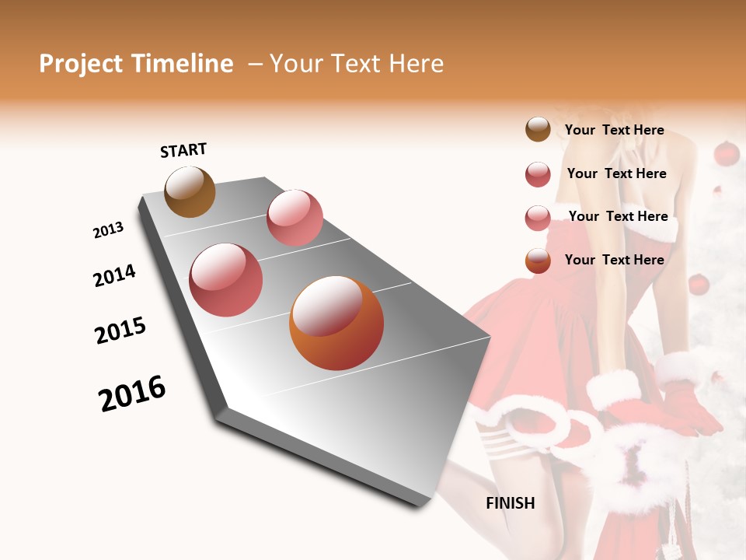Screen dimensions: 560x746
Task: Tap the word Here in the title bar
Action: [415, 64]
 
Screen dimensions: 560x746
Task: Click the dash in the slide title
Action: [254, 64]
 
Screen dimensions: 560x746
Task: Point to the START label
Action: [183, 150]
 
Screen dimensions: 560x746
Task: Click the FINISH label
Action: [511, 503]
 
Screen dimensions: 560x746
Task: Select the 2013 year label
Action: [108, 230]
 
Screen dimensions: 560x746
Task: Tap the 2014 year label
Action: [114, 275]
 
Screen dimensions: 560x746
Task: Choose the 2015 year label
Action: [120, 331]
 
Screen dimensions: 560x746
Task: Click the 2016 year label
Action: [132, 394]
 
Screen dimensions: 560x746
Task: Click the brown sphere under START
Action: [190, 192]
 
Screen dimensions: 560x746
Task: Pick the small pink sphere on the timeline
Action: [295, 218]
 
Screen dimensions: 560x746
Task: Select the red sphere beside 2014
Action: [226, 280]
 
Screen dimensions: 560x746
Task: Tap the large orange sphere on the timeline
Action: [336, 323]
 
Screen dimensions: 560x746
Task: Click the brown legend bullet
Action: [538, 130]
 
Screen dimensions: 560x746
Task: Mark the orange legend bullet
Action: [538, 261]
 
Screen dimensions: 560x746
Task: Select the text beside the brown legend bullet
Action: [614, 131]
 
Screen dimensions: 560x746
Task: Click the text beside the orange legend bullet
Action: [614, 260]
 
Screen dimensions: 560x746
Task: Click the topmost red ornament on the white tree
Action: [726, 153]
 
